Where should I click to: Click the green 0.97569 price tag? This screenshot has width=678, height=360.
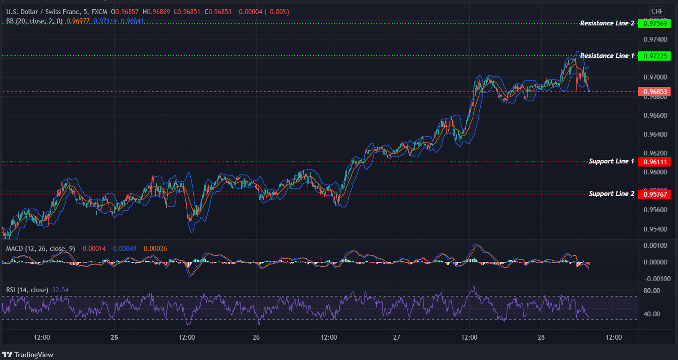[x=655, y=23]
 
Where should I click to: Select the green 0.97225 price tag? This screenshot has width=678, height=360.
[x=655, y=56]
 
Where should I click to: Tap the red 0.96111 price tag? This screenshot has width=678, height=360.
[x=655, y=162]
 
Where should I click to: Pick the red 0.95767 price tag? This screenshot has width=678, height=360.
[x=655, y=194]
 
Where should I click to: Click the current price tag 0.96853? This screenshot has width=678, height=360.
[x=655, y=92]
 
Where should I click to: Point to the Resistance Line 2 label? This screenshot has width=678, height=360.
[x=607, y=23]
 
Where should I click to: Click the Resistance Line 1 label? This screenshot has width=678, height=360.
[x=607, y=56]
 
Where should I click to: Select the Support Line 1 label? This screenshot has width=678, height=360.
[x=611, y=161]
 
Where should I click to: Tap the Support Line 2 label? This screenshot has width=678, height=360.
[x=611, y=194]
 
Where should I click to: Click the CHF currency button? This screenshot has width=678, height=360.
[x=657, y=12]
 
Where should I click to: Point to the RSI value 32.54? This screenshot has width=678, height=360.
[x=60, y=290]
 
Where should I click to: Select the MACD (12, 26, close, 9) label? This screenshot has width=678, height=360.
[x=40, y=249]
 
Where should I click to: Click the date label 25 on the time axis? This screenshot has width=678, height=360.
[x=114, y=337]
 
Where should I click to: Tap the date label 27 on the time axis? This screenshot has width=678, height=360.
[x=396, y=337]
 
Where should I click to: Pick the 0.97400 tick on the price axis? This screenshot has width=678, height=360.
[x=655, y=40]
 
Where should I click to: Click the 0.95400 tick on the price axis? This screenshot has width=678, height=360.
[x=655, y=229]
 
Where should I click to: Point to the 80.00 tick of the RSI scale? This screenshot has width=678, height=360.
[x=652, y=291]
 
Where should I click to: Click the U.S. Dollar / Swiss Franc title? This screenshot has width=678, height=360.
[x=43, y=12]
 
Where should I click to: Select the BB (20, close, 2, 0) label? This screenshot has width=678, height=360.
[x=34, y=21]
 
